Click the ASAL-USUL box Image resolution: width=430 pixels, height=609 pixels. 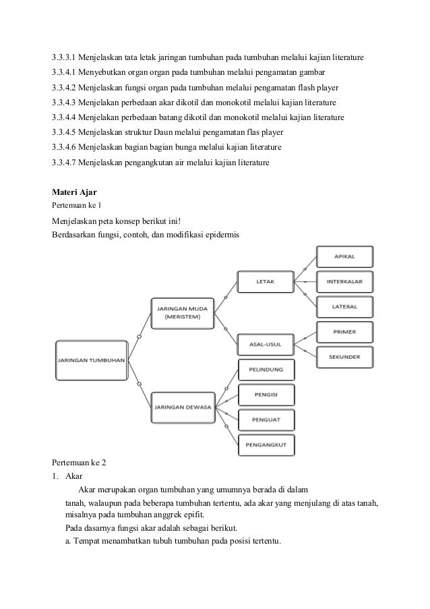click(x=265, y=344)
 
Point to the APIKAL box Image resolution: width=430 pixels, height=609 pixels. click(x=344, y=257)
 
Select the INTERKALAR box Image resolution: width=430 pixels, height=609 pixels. click(x=344, y=281)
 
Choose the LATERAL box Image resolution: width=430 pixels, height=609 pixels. click(x=344, y=306)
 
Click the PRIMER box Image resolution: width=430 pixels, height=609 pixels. click(x=344, y=332)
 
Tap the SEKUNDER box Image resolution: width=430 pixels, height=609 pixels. click(x=344, y=356)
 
